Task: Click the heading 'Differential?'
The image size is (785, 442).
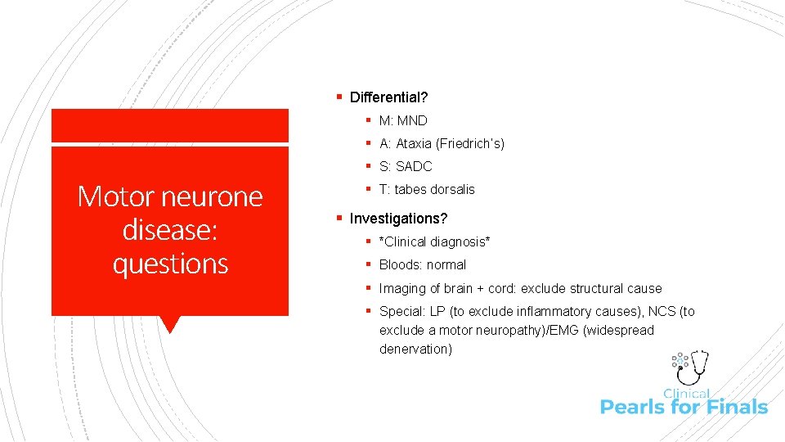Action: pyautogui.click(x=388, y=97)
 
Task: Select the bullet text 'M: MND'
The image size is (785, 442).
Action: pyautogui.click(x=403, y=120)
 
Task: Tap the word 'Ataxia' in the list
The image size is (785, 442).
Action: pyautogui.click(x=414, y=143)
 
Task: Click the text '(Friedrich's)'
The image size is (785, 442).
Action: pyautogui.click(x=470, y=143)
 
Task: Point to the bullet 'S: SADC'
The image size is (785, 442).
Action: pyautogui.click(x=406, y=166)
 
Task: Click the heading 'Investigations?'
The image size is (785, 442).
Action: pyautogui.click(x=398, y=219)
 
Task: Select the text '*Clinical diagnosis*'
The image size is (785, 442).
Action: pyautogui.click(x=434, y=241)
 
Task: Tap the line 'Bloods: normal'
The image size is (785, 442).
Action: pyautogui.click(x=423, y=264)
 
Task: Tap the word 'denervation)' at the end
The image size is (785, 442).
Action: pyautogui.click(x=415, y=349)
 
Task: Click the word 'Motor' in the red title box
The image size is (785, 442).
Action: pyautogui.click(x=114, y=196)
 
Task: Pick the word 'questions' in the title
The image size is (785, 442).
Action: pyautogui.click(x=170, y=264)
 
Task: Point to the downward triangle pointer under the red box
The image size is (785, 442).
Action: pyautogui.click(x=170, y=324)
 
